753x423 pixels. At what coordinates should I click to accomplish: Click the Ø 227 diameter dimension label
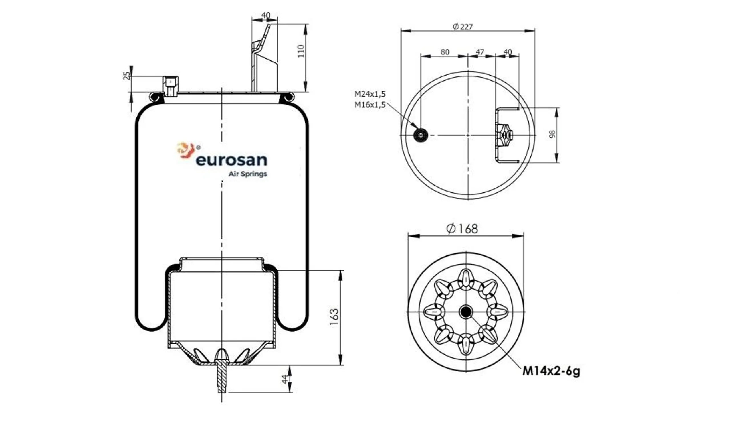pos(463,27)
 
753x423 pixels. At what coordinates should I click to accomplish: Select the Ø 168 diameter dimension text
pos(462,229)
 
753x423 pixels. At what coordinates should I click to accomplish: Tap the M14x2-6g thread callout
pos(551,371)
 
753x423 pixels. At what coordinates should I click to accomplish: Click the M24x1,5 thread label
pos(370,94)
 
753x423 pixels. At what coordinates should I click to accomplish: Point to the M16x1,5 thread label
pos(370,105)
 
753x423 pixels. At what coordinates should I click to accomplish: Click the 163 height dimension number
pos(334,317)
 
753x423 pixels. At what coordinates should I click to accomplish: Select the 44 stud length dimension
pos(284,379)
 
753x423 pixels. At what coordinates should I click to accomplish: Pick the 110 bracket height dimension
pos(301,51)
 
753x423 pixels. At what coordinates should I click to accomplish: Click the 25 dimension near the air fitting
pos(126,76)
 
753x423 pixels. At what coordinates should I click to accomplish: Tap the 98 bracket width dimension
pos(552,134)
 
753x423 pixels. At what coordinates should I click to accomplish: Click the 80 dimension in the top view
pos(445,52)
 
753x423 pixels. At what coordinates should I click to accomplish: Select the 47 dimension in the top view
pos(480,52)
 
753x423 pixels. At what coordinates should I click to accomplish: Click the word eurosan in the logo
pos(231,160)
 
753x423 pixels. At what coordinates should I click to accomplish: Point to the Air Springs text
pos(247,174)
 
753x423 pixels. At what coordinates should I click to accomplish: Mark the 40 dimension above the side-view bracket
pos(265,15)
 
